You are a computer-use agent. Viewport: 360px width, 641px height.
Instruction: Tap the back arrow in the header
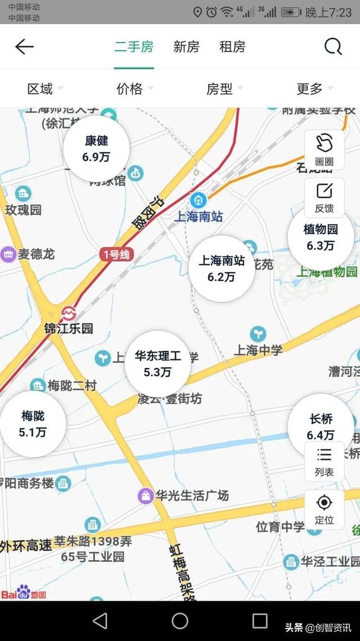coord(24,47)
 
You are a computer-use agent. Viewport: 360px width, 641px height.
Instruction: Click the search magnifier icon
coord(333,46)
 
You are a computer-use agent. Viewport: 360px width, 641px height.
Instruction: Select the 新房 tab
coord(186,47)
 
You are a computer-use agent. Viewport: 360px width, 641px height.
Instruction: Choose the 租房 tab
coord(232,47)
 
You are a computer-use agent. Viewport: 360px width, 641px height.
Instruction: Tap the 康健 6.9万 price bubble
coord(96,149)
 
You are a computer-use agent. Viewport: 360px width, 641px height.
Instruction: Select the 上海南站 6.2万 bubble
coord(221,268)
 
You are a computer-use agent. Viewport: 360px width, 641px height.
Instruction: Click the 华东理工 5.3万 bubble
coord(158,364)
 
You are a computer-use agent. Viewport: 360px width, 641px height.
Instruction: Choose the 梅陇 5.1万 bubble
coord(33,424)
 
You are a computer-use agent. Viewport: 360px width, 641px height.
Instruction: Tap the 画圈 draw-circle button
coord(324,150)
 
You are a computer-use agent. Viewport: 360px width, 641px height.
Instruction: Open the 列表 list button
coord(324,462)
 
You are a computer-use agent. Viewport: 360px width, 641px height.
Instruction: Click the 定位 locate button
coord(324,509)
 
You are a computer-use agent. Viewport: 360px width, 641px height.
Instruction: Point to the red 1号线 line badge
coord(116,255)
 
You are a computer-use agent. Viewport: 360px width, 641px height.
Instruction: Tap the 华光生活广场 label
coord(191,495)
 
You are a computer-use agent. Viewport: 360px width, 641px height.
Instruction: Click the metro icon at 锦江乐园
coord(69,312)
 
